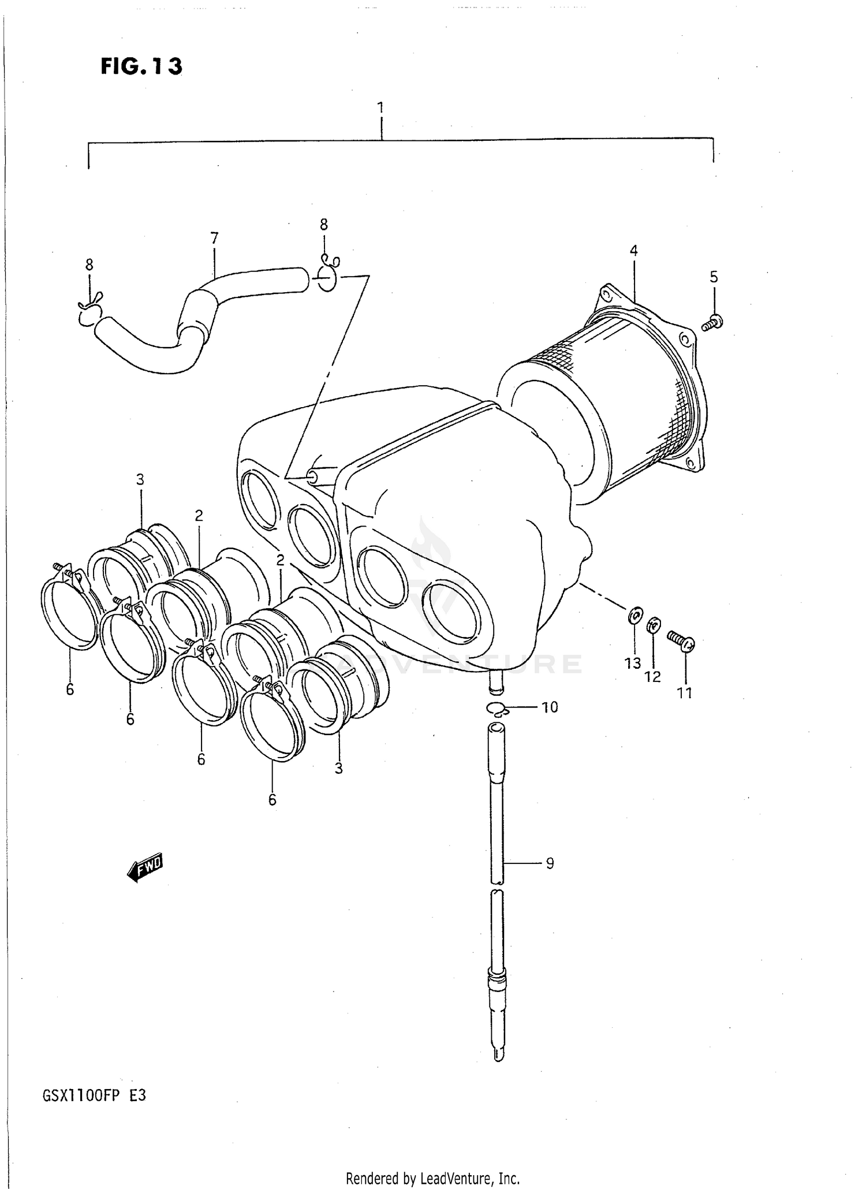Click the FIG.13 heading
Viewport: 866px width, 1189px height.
pyautogui.click(x=141, y=66)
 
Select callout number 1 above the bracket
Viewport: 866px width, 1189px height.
pyautogui.click(x=380, y=108)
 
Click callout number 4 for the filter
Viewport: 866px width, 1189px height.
pyautogui.click(x=633, y=251)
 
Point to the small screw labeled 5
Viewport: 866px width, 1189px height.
pyautogui.click(x=714, y=322)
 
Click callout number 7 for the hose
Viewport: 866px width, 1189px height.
pyautogui.click(x=214, y=238)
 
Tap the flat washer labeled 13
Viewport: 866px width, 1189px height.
pyautogui.click(x=634, y=616)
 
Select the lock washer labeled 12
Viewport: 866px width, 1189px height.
pyautogui.click(x=653, y=625)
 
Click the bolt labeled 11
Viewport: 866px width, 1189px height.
pyautogui.click(x=682, y=640)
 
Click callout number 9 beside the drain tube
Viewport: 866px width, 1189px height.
pyautogui.click(x=549, y=863)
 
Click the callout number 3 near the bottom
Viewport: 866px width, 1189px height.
pyautogui.click(x=338, y=769)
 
